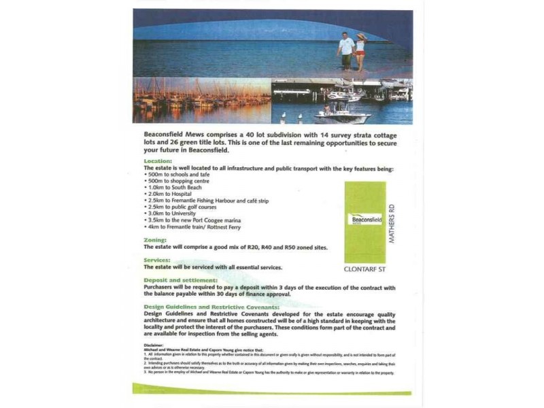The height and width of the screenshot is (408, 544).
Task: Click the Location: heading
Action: [x=157, y=161]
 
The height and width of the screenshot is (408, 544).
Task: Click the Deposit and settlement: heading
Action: [x=181, y=280]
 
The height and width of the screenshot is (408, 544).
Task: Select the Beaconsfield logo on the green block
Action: [x=364, y=220]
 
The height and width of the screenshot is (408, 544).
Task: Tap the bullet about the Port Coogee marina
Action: [x=194, y=220]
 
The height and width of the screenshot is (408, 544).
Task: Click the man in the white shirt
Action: [x=346, y=49]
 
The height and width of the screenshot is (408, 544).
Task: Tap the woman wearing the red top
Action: [x=360, y=50]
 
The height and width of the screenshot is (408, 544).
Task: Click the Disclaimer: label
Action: [x=154, y=345]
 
